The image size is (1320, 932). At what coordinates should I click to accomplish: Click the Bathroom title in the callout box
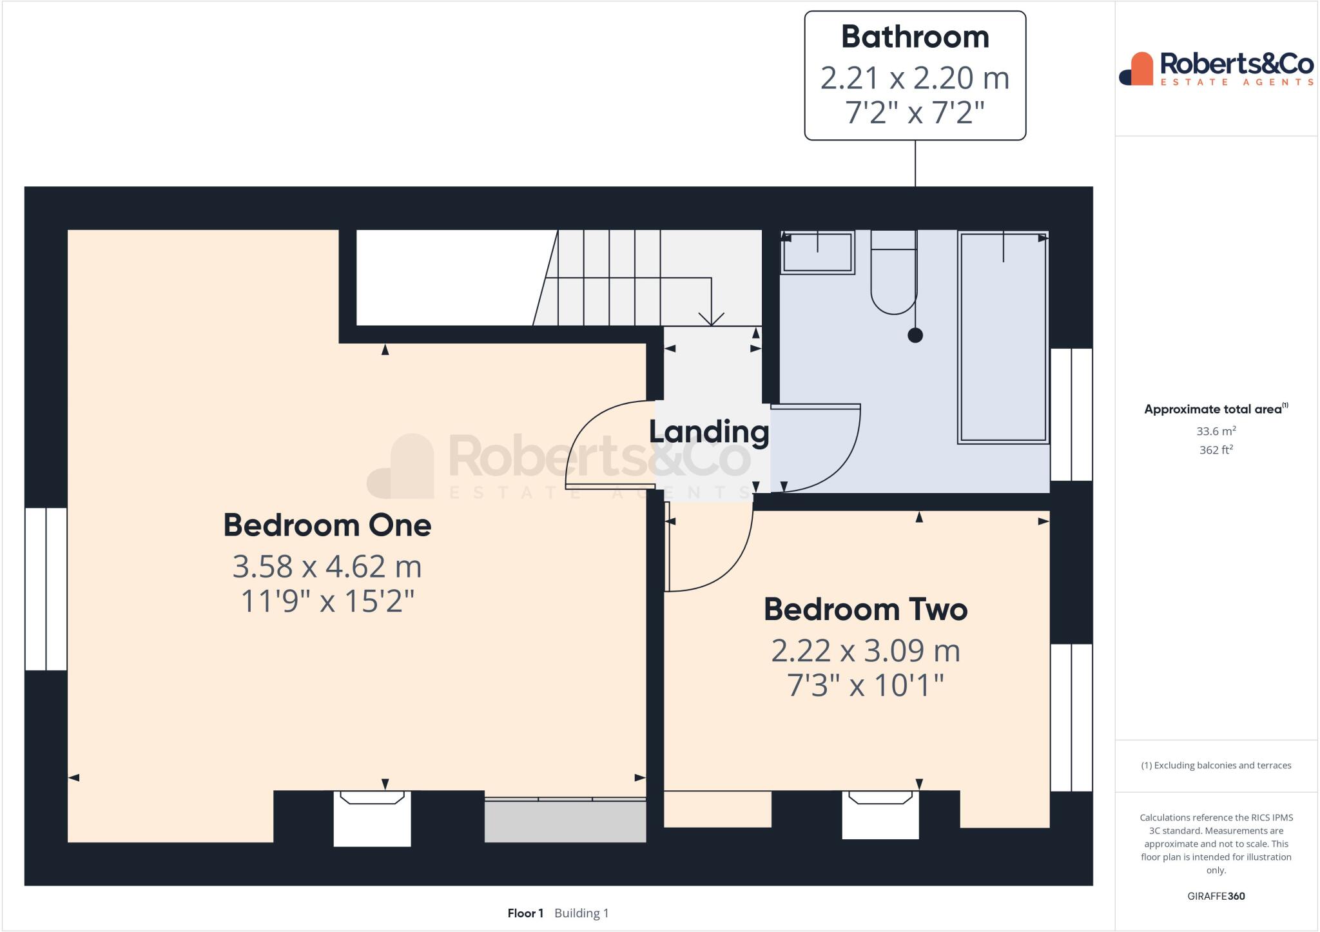coord(915,37)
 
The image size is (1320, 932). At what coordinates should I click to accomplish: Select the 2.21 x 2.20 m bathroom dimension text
coord(915,79)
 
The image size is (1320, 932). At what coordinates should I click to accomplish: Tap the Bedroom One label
coord(327,525)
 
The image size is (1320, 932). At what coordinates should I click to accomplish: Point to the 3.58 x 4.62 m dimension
coord(327,567)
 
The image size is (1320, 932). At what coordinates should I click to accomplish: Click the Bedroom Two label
coord(866,610)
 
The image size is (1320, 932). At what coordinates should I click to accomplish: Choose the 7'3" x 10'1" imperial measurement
coord(866,686)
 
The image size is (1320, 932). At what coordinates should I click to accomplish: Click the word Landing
coord(709,432)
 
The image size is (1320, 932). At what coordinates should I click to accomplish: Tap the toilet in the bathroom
coord(893,277)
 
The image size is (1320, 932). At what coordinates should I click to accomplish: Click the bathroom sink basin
coord(817,253)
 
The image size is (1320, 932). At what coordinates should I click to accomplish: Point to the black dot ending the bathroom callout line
coord(915,335)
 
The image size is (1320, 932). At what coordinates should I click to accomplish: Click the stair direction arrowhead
coord(711,320)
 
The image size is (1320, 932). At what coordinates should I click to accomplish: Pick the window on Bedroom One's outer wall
coord(46,589)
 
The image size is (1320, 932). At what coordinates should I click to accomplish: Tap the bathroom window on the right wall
coord(1071,414)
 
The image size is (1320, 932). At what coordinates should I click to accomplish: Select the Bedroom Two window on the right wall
coord(1071,717)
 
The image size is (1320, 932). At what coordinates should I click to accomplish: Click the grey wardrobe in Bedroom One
coord(565,820)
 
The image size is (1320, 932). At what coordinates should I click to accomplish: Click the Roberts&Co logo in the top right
coord(1216,68)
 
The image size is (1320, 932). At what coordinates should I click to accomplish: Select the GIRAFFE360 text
coord(1216,896)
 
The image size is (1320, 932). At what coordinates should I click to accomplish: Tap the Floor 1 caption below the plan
coord(525,913)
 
